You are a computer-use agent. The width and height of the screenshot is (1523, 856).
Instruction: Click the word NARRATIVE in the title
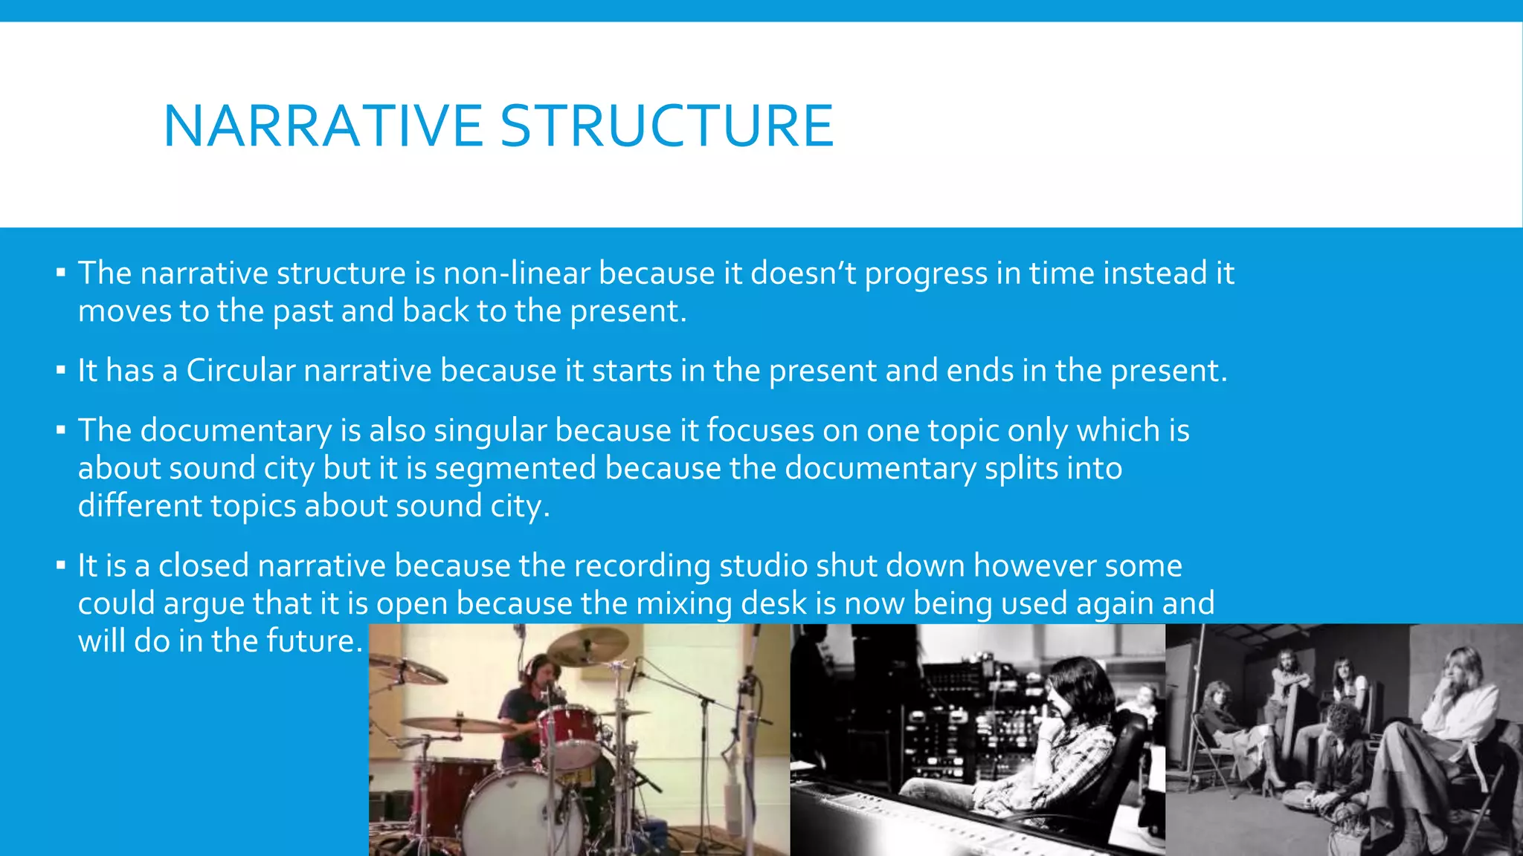[323, 126]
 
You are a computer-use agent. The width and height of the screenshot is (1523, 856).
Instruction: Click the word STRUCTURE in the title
[666, 126]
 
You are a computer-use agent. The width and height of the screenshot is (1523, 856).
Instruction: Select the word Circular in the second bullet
[241, 371]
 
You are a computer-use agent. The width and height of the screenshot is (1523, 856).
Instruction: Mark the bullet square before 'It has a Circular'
[61, 369]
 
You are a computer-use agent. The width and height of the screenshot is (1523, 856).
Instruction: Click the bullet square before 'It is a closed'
[61, 565]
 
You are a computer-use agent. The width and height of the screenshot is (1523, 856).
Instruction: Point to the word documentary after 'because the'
[880, 469]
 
